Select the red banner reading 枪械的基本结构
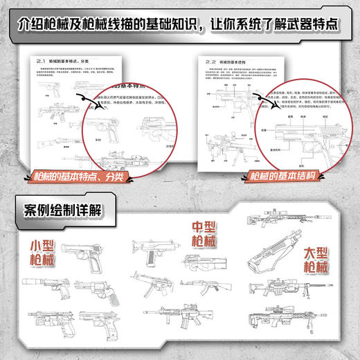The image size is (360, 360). click(277, 177)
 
